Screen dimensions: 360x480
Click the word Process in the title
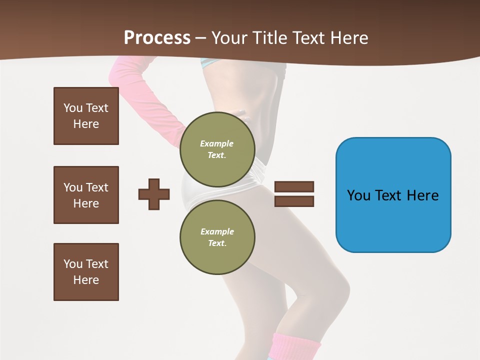coord(157,38)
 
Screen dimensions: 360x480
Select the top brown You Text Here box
coord(86,116)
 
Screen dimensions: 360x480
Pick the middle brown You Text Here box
coord(86,195)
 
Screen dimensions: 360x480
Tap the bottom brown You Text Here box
coord(86,272)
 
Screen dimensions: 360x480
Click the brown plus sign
coord(154,193)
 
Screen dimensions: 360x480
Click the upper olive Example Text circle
coord(217,149)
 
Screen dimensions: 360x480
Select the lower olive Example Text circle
coord(217,237)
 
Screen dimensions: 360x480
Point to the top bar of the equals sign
coord(294,186)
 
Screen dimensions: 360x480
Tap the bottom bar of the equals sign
coord(294,201)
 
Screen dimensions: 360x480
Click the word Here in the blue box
coord(422,195)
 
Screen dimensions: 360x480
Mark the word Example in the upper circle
coord(217,144)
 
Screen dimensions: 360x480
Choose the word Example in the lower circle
coord(217,232)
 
